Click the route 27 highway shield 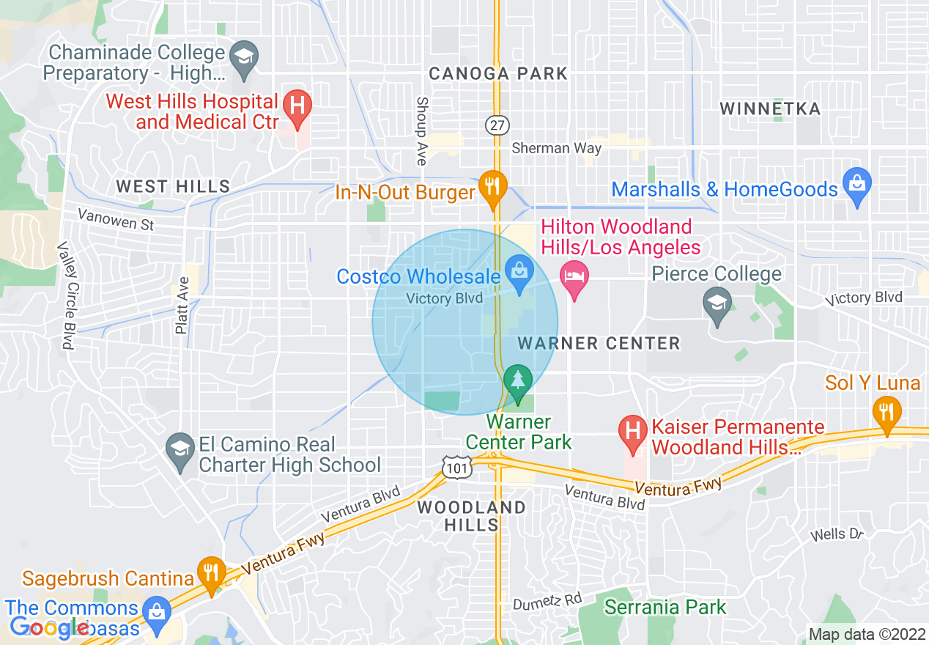coord(497,125)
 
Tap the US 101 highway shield coord(454,465)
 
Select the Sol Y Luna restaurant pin coord(887,414)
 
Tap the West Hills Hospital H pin coord(297,107)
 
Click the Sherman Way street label coord(556,148)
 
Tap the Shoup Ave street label coord(421,131)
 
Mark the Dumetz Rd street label coord(547,600)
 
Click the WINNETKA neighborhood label coord(769,109)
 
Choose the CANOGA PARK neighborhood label coord(498,73)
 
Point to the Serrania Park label coord(665,607)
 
